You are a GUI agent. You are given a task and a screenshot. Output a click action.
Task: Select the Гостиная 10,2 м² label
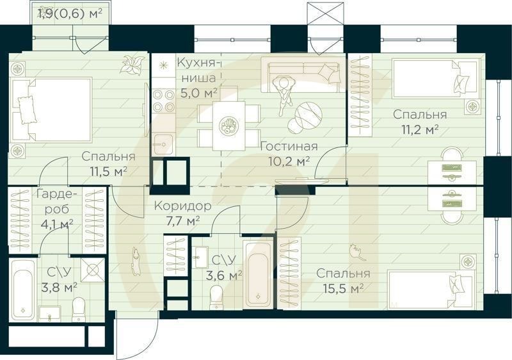click(285, 153)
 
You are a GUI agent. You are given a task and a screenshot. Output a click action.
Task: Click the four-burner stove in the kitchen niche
click(163, 101)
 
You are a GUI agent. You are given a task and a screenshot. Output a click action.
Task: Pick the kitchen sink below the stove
click(163, 144)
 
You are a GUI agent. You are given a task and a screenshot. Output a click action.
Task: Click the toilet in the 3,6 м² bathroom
click(216, 295)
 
